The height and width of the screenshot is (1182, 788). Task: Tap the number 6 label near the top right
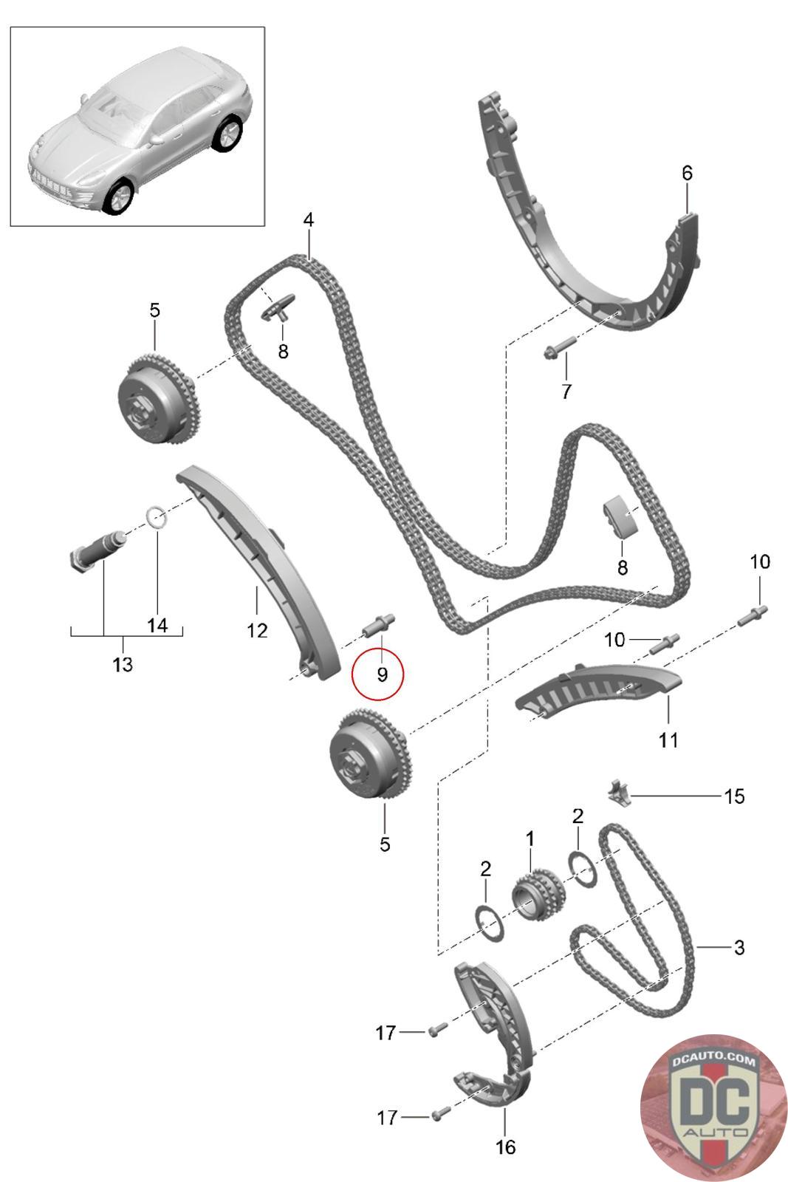(687, 173)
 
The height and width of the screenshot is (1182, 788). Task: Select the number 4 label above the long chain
(308, 220)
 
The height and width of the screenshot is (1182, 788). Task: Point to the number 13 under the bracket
(123, 664)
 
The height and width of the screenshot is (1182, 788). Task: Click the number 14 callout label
(157, 626)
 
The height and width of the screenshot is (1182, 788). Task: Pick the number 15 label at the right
(734, 796)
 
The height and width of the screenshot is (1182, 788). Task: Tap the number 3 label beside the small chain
(739, 947)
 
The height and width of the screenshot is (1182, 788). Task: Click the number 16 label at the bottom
(505, 1147)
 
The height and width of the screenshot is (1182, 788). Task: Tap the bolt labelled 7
(559, 347)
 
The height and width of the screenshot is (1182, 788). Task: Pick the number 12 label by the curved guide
(257, 630)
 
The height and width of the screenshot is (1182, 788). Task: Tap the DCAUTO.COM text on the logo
(714, 1062)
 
